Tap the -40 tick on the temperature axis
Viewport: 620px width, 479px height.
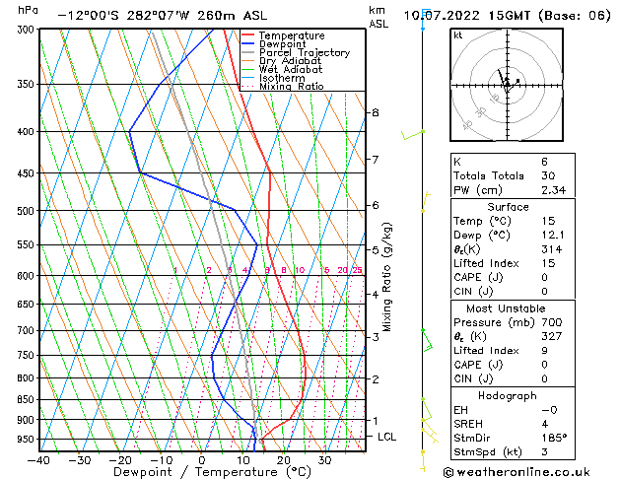tap(39, 459)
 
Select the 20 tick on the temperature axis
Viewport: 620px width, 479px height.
tap(283, 459)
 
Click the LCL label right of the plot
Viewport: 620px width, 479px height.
tap(387, 436)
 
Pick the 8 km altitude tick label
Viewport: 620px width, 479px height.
tap(375, 112)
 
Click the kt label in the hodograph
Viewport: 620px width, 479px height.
tap(458, 35)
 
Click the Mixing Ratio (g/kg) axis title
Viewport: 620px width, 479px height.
tap(387, 276)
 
